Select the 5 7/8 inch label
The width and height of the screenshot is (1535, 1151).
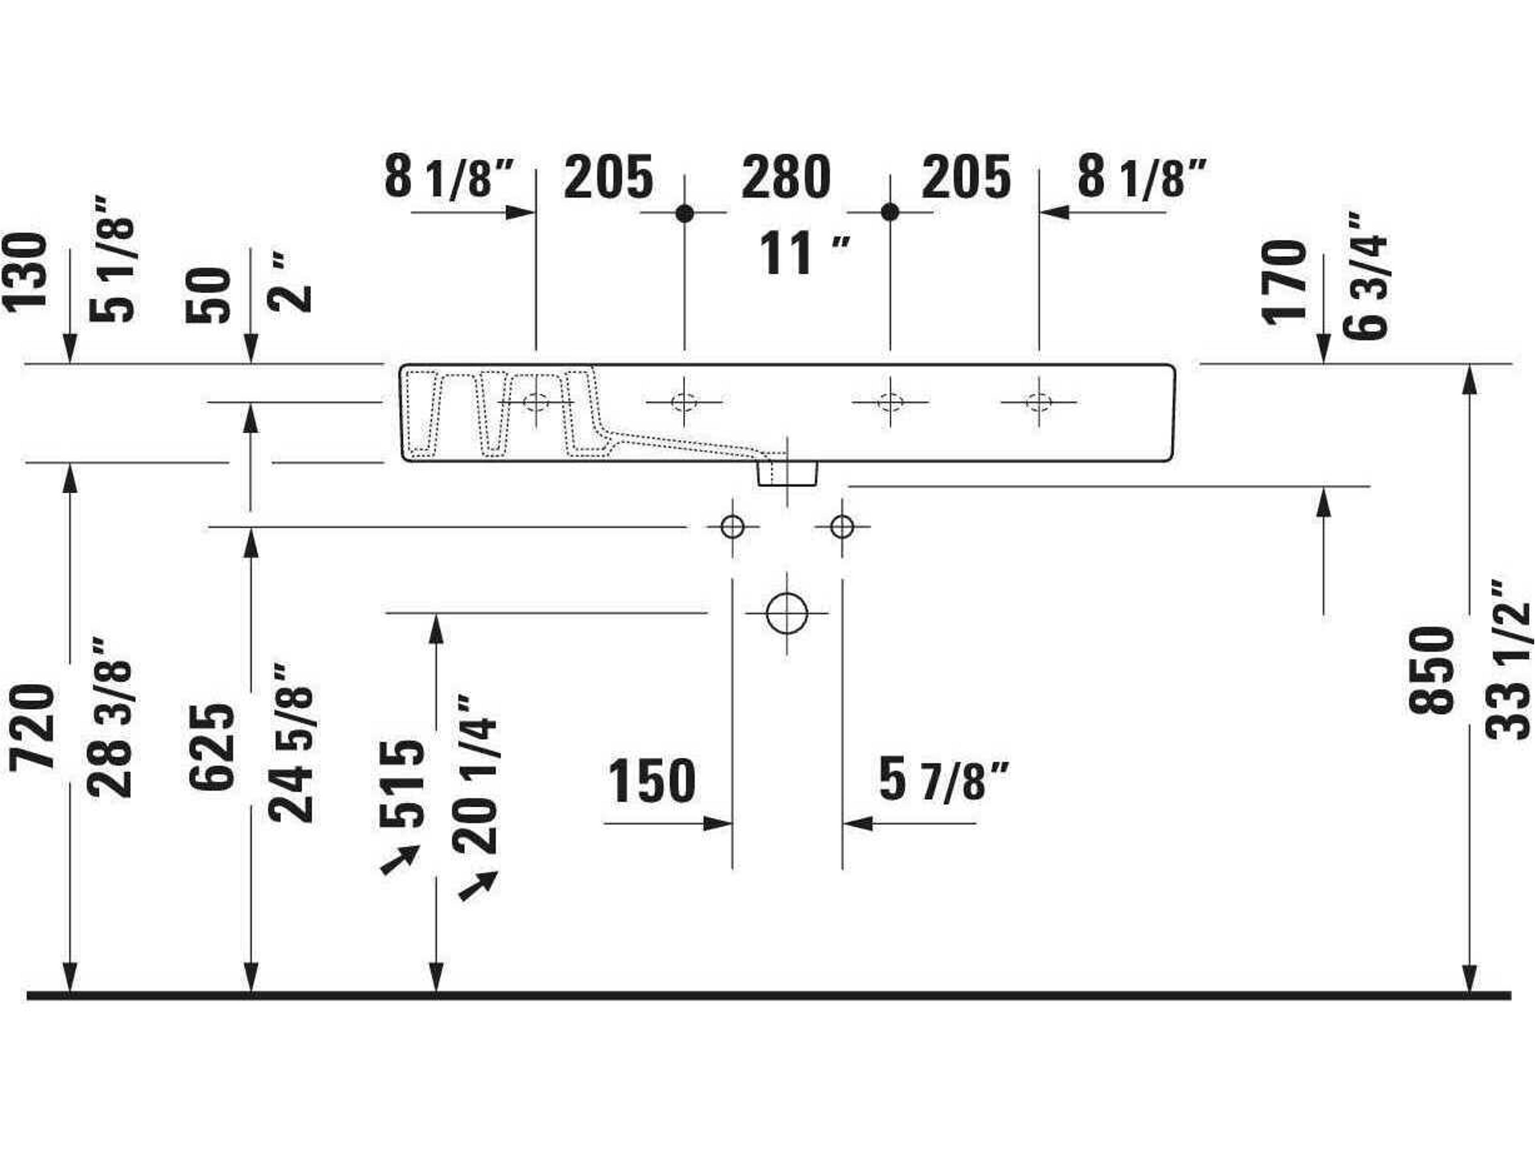(x=945, y=779)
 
